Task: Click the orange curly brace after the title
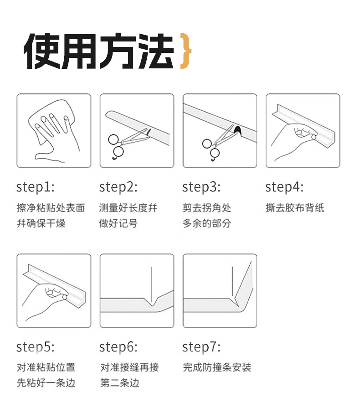click(x=185, y=51)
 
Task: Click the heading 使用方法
click(x=99, y=51)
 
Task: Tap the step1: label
click(x=35, y=187)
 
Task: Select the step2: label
click(x=118, y=187)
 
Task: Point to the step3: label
click(x=201, y=187)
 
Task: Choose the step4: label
click(x=284, y=187)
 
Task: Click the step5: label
click(x=35, y=347)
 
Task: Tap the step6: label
click(x=118, y=347)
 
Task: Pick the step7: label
click(x=201, y=347)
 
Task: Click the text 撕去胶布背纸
click(x=295, y=208)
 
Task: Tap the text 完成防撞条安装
click(x=217, y=367)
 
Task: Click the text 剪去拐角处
click(x=207, y=208)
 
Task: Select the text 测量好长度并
click(x=128, y=208)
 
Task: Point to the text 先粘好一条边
click(x=46, y=382)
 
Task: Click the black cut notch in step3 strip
click(x=237, y=131)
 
